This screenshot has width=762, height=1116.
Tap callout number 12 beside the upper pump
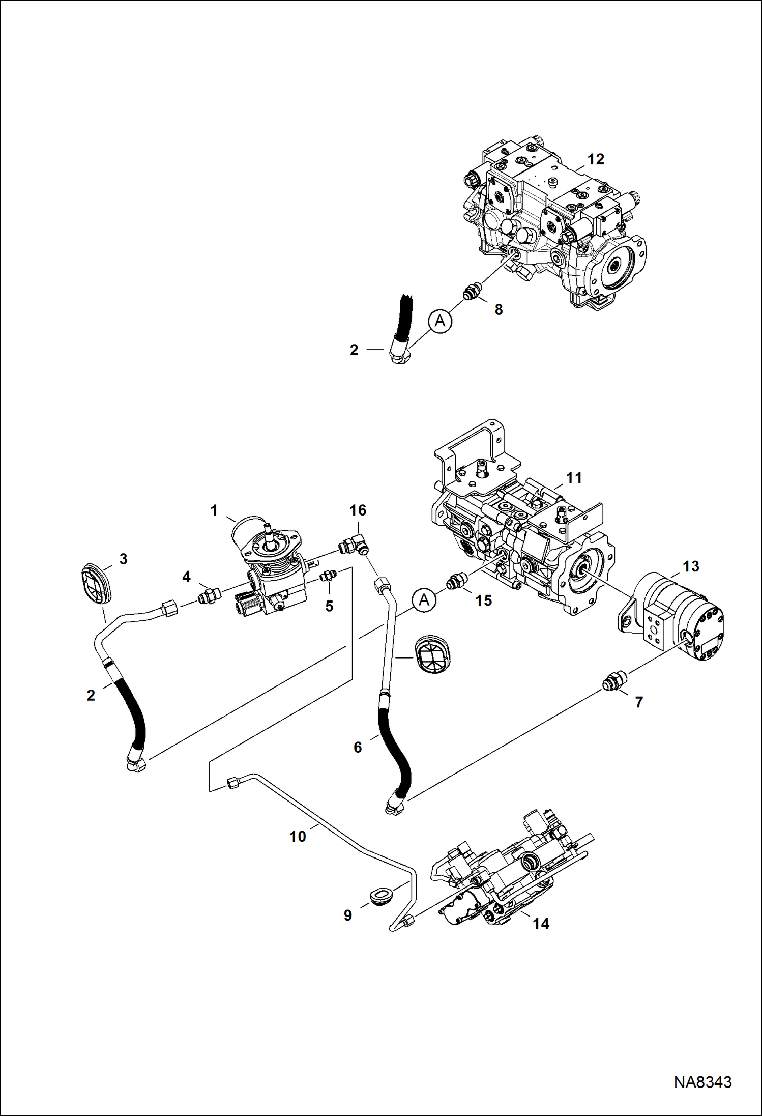(596, 159)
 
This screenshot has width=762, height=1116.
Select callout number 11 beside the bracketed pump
(574, 477)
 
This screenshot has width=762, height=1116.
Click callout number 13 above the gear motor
(691, 566)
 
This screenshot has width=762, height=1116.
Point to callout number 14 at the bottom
(541, 923)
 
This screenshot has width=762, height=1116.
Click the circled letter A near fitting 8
(440, 321)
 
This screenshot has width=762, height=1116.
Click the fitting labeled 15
(455, 582)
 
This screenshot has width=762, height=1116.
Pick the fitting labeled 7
(614, 681)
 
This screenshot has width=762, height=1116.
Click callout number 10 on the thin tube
(298, 836)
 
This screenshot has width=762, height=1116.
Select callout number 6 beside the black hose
(358, 747)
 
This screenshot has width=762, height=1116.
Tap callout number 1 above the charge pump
(214, 510)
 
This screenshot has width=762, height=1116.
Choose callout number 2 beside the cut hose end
(354, 350)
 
